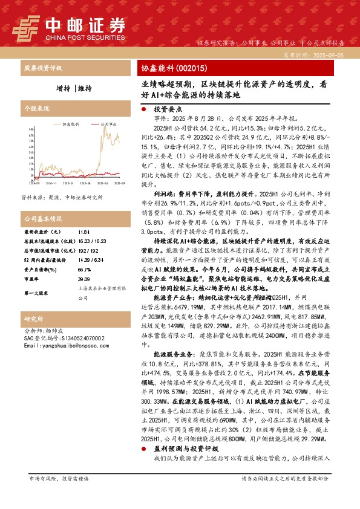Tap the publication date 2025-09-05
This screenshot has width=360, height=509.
pyautogui.click(x=333, y=54)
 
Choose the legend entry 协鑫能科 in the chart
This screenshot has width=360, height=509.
pyautogui.click(x=71, y=122)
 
